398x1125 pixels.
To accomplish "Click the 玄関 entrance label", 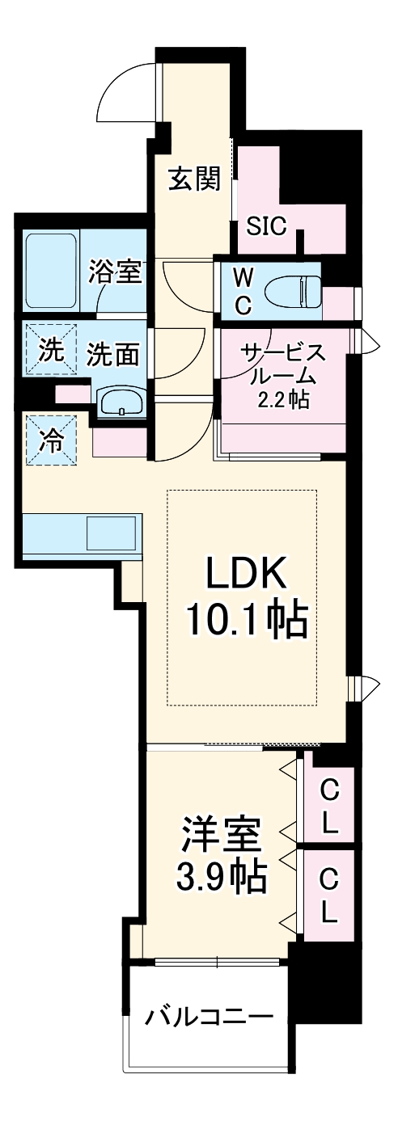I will tap(194, 179).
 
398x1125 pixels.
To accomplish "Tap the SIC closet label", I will tap(266, 226).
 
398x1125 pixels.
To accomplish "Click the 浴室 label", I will tap(115, 272).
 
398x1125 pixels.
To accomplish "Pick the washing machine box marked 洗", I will tap(50, 351).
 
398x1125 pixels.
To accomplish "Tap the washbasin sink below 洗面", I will tap(121, 399).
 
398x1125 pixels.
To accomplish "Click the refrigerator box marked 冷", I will tap(52, 440).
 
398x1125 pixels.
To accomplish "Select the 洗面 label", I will tap(113, 354).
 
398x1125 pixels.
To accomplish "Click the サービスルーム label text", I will tap(284, 364).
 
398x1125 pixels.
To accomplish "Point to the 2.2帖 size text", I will tap(284, 399).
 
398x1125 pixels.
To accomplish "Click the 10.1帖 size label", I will tap(246, 620).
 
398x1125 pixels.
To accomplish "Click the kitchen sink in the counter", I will tap(111, 533).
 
